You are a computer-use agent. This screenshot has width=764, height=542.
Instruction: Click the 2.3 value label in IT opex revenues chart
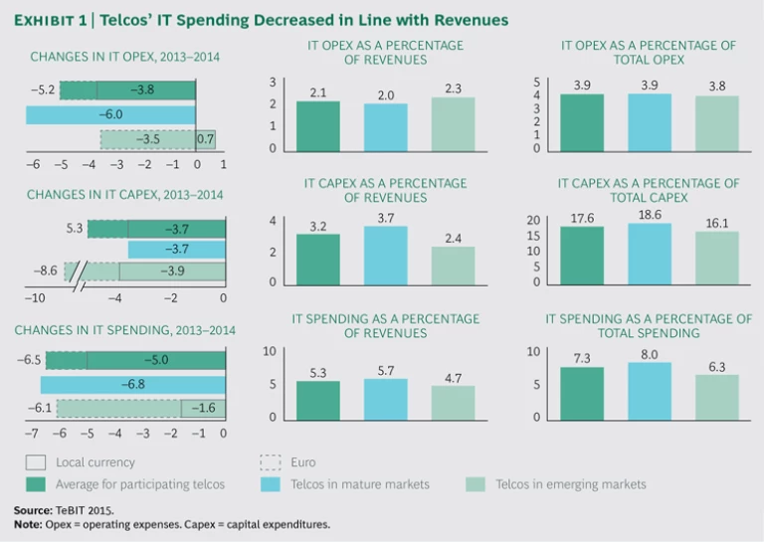pos(453,90)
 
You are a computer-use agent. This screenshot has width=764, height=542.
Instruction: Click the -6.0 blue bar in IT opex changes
pos(110,114)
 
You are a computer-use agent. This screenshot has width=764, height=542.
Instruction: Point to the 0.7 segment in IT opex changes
pos(206,139)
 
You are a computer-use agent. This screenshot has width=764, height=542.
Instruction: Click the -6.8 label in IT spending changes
pos(131,384)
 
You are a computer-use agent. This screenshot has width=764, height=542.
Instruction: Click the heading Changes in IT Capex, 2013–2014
pos(125,195)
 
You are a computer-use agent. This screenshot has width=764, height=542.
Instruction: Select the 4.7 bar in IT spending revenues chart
pos(453,402)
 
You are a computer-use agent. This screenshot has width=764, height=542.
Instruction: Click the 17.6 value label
pos(582,218)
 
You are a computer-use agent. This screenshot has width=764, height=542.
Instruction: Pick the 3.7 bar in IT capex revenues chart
pos(385,255)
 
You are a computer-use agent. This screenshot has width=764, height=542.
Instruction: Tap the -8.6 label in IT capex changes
pos(46,271)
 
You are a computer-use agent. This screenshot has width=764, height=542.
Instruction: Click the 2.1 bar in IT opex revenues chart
pos(317,126)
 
